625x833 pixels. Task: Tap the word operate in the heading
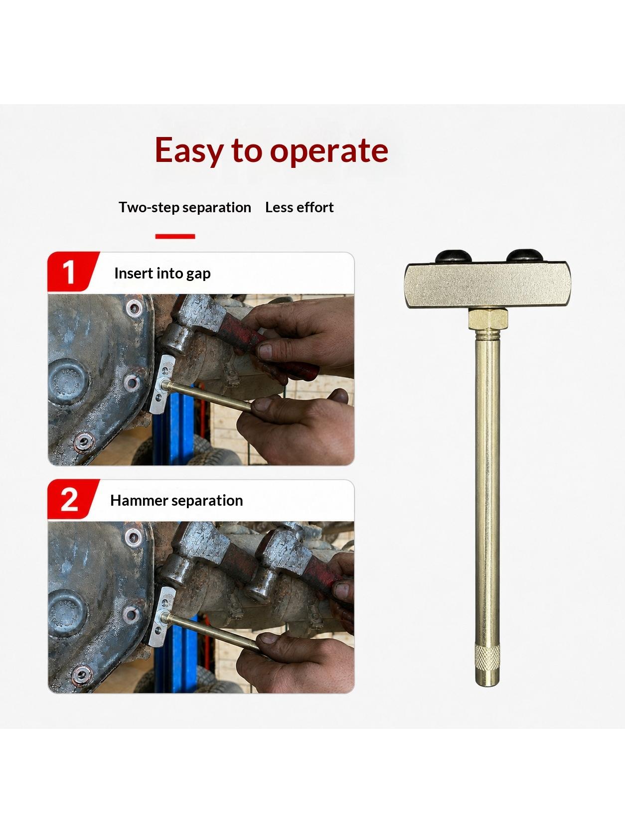tap(329, 151)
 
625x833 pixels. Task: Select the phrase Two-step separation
tap(185, 207)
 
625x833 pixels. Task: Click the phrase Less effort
tap(300, 207)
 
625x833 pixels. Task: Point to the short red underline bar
tap(175, 237)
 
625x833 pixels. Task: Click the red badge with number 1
tap(73, 272)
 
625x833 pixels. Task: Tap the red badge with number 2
tap(73, 499)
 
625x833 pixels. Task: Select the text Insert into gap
tap(162, 274)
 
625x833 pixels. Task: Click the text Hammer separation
tap(176, 501)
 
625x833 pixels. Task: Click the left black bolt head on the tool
tap(454, 256)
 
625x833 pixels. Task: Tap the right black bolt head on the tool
tap(524, 256)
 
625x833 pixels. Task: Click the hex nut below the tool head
tap(488, 319)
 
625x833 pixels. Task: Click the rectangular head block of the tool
tap(487, 285)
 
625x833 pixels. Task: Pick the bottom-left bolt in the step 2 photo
tap(82, 675)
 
